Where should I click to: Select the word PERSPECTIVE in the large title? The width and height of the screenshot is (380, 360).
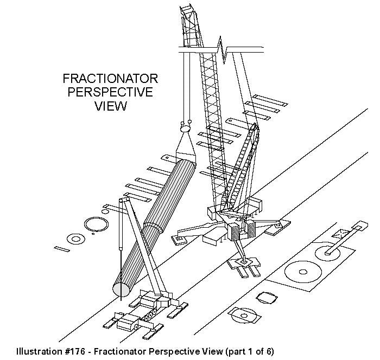[x=110, y=92]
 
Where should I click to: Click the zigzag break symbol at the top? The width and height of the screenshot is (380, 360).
[x=223, y=48]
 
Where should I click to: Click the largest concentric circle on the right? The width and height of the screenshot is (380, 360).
[x=299, y=272]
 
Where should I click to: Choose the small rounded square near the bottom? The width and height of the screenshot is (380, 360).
[x=267, y=297]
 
